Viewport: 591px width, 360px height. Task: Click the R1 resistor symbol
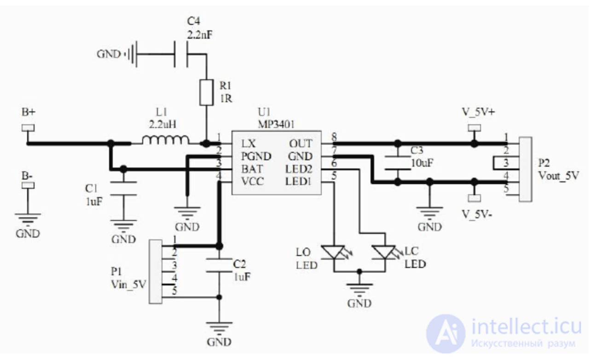pyautogui.click(x=206, y=93)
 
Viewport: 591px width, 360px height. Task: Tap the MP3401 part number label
pyautogui.click(x=276, y=124)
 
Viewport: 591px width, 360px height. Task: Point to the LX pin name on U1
pyautogui.click(x=249, y=144)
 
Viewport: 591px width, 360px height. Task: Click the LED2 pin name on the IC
pyautogui.click(x=299, y=169)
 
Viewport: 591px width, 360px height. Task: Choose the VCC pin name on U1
pyautogui.click(x=253, y=181)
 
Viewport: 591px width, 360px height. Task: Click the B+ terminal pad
pyautogui.click(x=28, y=128)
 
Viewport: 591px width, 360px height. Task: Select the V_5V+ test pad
pyautogui.click(x=475, y=128)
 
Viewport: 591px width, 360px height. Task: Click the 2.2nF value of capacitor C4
pyautogui.click(x=200, y=35)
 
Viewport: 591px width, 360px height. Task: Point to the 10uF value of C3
pyautogui.click(x=422, y=163)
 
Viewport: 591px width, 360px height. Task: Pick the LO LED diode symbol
pyautogui.click(x=334, y=253)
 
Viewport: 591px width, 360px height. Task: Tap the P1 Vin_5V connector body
pyautogui.click(x=156, y=272)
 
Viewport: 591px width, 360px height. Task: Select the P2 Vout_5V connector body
pyautogui.click(x=525, y=169)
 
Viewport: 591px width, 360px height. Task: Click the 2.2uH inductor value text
pyautogui.click(x=162, y=124)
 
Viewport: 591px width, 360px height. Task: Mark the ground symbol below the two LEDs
pyautogui.click(x=359, y=289)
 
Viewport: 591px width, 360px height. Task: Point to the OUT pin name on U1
pyautogui.click(x=301, y=144)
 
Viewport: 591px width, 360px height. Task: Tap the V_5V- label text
pyautogui.click(x=476, y=215)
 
